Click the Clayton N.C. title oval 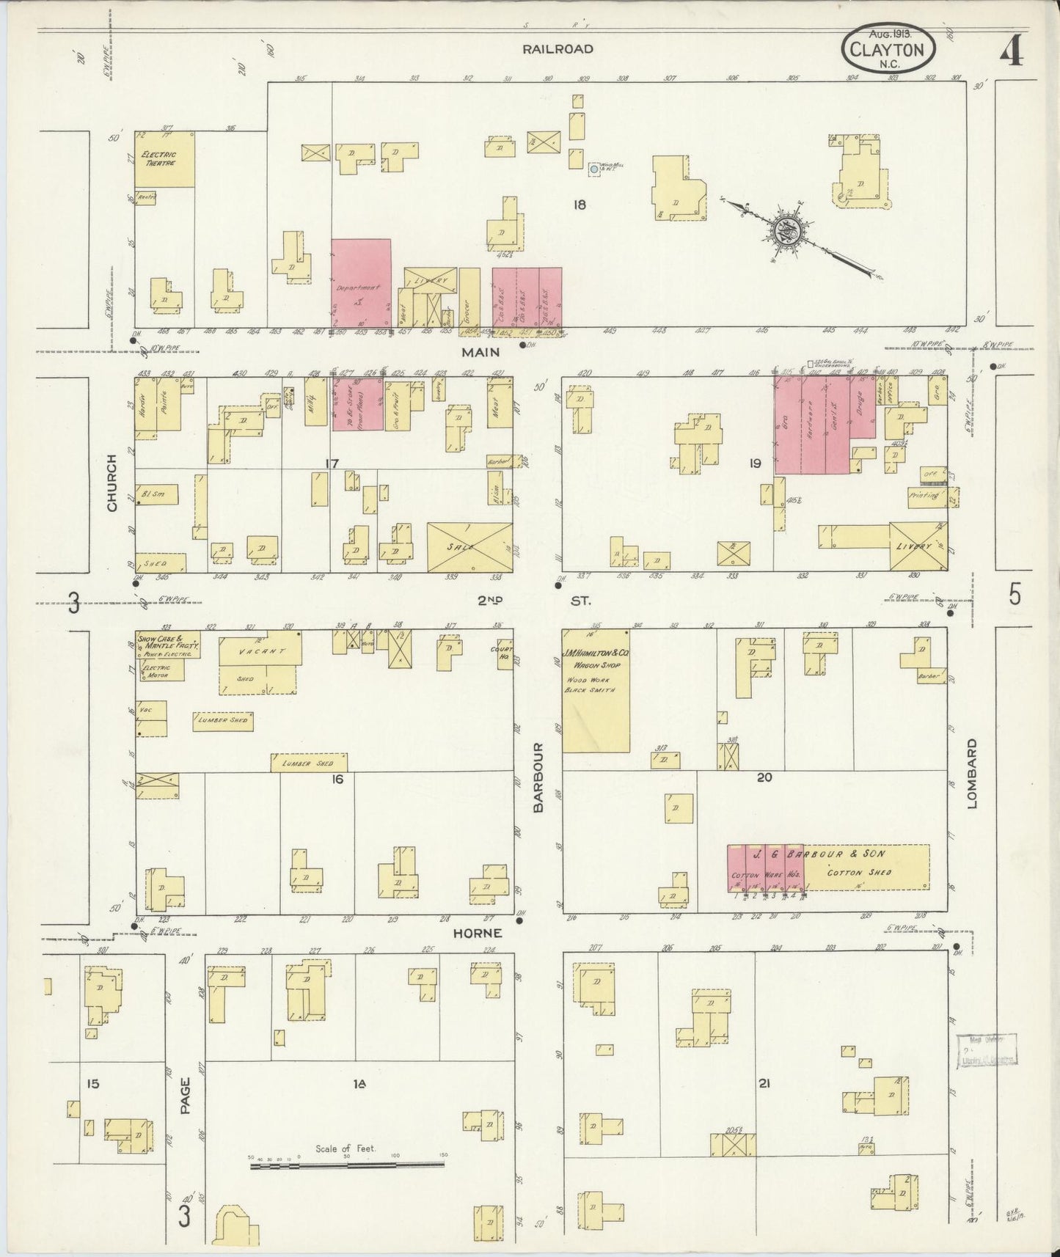889,49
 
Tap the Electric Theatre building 165,158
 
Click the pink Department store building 361,283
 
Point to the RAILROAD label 558,49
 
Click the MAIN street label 480,353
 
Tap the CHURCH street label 112,483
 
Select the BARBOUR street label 538,777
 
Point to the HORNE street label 477,933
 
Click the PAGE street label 185,1096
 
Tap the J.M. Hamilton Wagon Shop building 596,690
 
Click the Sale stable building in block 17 469,547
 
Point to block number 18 580,205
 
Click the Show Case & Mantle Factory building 167,644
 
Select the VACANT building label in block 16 257,651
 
